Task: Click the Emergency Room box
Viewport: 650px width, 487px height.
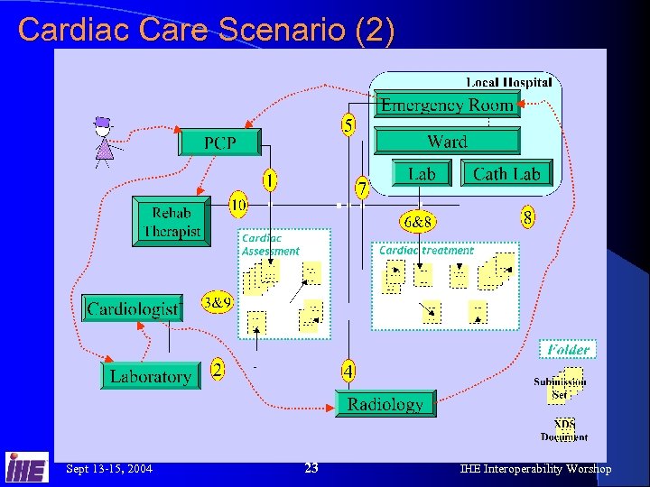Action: (x=447, y=105)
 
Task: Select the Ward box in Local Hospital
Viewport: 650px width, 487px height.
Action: (x=447, y=141)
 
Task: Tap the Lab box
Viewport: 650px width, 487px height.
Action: (x=422, y=174)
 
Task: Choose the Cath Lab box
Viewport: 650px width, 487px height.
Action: (x=506, y=174)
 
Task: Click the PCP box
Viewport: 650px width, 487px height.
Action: (x=220, y=142)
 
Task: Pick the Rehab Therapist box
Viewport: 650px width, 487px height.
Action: (x=172, y=221)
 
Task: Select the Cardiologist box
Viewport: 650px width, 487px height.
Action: (x=132, y=308)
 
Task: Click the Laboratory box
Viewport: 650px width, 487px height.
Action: (x=150, y=375)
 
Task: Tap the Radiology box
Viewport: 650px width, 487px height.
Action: (x=385, y=403)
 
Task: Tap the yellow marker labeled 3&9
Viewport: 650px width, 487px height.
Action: (x=218, y=302)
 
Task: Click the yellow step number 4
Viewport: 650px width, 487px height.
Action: (x=348, y=369)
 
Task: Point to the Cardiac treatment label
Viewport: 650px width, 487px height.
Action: (x=425, y=251)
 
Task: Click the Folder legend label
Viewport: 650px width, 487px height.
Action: (x=568, y=349)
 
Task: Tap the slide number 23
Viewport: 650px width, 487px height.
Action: (x=311, y=468)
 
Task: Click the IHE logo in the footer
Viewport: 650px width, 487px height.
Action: (x=26, y=468)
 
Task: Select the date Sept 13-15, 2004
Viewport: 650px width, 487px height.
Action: (x=109, y=468)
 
